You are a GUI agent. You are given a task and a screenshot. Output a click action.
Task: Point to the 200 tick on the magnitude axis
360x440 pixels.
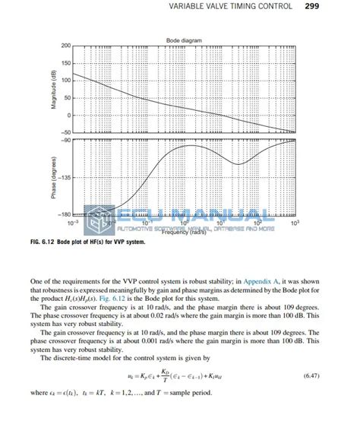[66, 46]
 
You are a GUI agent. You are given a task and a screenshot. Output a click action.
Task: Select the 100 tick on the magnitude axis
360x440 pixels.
[66, 81]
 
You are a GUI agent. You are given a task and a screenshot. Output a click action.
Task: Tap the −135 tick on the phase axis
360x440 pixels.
[65, 178]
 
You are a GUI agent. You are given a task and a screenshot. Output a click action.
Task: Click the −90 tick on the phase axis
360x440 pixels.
[65, 141]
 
